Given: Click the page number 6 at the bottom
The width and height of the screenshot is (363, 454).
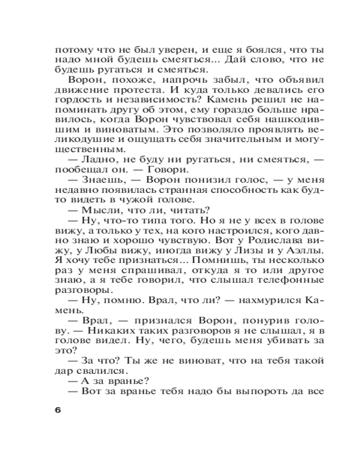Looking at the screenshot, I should [x=57, y=410].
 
